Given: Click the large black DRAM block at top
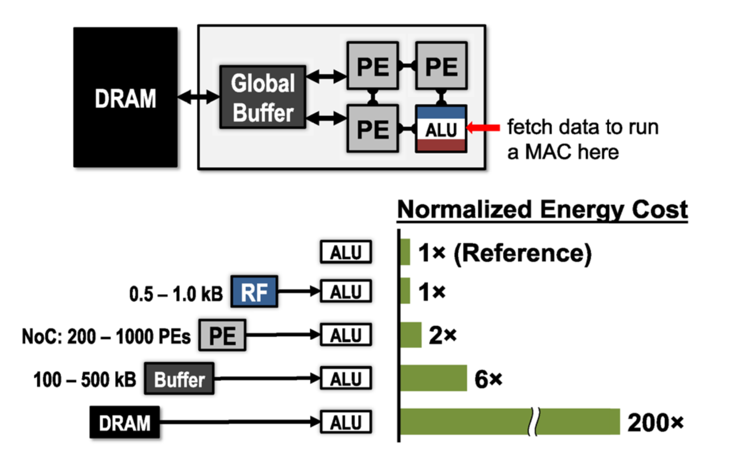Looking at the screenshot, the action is coord(125,97).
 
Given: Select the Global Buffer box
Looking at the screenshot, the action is coord(262,97).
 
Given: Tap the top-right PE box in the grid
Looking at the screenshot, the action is coord(441,66).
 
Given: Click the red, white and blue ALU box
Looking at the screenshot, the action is coord(441,129).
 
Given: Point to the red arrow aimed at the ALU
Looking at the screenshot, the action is coord(483,128).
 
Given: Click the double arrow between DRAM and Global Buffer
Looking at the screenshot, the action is coord(199,97).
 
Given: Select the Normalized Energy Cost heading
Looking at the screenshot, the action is coord(542,210).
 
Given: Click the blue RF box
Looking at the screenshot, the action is coord(254,292).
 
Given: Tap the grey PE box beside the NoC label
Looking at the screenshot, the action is coord(223,335).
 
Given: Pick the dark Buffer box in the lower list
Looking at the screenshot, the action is coord(179,379).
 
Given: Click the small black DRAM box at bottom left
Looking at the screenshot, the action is coord(125,422).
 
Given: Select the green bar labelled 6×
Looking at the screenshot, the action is coord(434,378).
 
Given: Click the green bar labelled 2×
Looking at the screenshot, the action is coord(411,335).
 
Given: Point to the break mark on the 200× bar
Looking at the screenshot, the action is coord(534,422).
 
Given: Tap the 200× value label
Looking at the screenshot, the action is coord(656,422).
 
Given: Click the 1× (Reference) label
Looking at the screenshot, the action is coord(505,253).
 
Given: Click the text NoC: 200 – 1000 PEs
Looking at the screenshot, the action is coord(106,337).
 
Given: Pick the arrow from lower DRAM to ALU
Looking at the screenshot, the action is coord(240,422).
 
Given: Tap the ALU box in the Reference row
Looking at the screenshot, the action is coord(346,252).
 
